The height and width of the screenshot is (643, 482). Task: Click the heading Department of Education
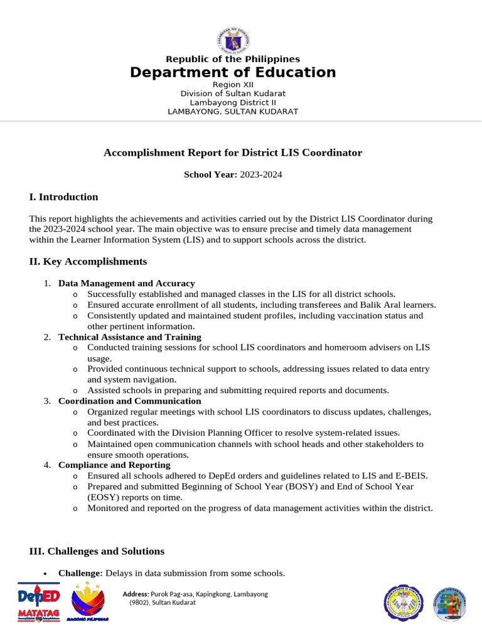coord(233,72)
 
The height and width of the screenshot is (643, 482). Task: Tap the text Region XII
coord(233,84)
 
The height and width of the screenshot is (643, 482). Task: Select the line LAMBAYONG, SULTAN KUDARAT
coord(233,112)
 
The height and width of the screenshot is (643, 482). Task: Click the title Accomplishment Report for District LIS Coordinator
coord(233,153)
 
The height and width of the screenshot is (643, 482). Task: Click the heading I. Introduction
coord(63,197)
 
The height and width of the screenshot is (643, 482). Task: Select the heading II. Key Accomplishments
coord(88,261)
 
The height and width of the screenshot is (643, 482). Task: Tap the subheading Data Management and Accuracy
coord(126,283)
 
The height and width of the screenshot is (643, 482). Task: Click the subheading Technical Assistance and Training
coord(129,337)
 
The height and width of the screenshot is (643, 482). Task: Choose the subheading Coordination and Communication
coord(129,401)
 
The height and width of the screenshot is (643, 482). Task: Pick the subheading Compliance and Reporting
coord(114,465)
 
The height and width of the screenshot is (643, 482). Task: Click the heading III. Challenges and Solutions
coord(97,551)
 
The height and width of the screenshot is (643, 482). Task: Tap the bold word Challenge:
coord(80,573)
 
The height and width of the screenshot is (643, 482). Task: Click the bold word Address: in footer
coord(136,594)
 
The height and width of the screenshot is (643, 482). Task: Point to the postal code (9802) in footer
coord(140,603)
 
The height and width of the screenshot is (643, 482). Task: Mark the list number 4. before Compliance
coord(47,465)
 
